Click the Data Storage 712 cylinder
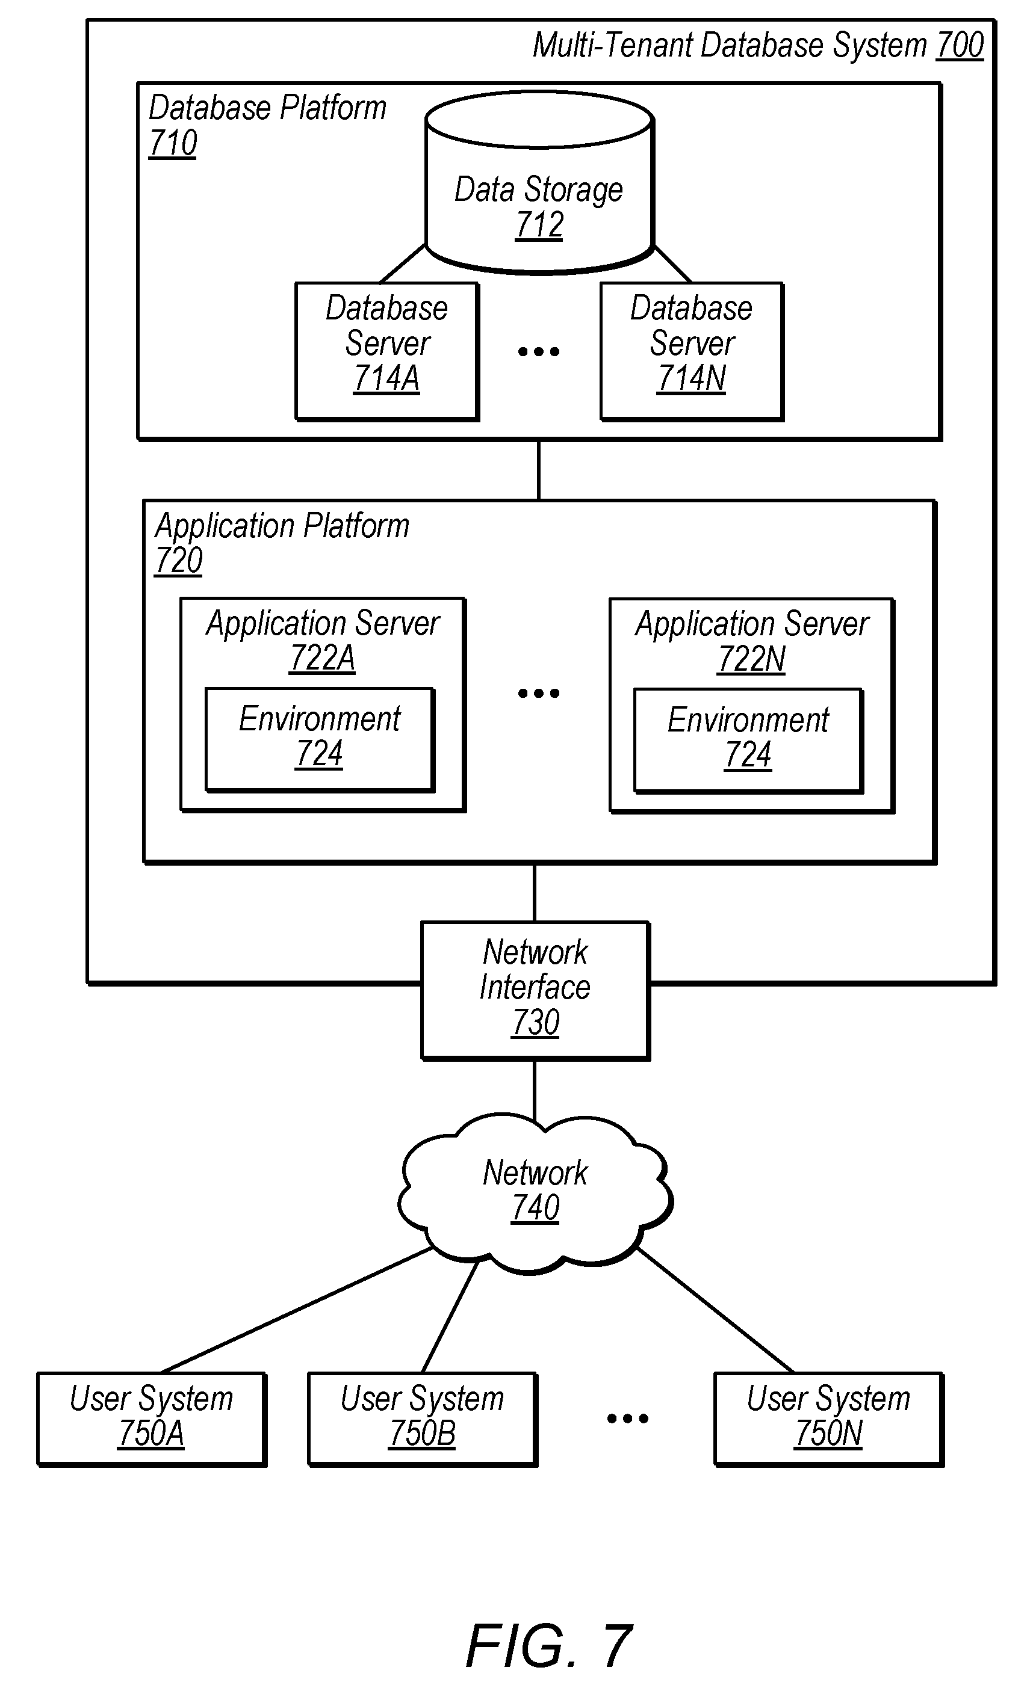point(540,183)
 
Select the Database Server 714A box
point(386,351)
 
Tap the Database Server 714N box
point(692,351)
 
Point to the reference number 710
point(173,144)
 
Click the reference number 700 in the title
point(960,46)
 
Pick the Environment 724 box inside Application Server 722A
point(320,740)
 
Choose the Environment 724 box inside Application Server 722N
point(748,741)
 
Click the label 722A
point(322,659)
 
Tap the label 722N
point(751,659)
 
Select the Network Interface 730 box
point(535,990)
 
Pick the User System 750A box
point(152,1419)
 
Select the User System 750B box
point(423,1419)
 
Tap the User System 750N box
point(829,1419)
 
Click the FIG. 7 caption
point(548,1646)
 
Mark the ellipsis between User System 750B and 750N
point(627,1419)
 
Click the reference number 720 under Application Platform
point(179,561)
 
